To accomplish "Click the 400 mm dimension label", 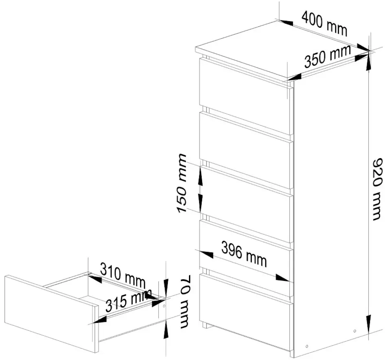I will click(x=324, y=23).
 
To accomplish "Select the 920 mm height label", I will click(x=378, y=189).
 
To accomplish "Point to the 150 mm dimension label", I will click(x=181, y=183).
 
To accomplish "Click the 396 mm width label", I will click(x=244, y=254).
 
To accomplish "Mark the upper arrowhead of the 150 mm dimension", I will click(x=200, y=170).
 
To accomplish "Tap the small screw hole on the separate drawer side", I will click(x=164, y=305).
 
